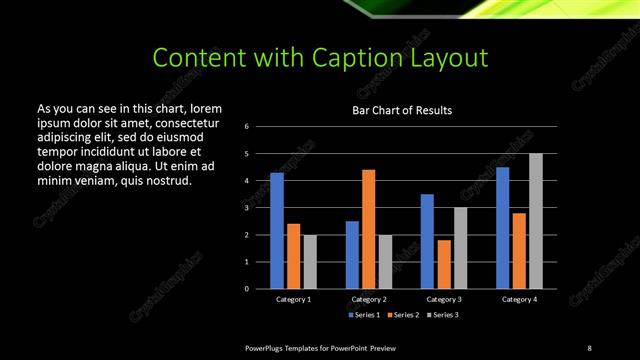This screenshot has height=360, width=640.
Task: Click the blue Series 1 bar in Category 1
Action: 277,230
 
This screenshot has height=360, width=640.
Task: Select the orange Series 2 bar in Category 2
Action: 368,229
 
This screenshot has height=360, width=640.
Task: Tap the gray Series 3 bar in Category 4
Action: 536,221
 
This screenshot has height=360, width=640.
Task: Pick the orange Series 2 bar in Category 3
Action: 443,264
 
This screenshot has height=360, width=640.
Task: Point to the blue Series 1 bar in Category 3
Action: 427,241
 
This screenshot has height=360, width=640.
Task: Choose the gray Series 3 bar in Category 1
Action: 309,262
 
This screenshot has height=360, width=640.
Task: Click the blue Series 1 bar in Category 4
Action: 502,227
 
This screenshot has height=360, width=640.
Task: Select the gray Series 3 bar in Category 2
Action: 385,262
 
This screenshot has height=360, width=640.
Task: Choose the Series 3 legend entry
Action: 444,315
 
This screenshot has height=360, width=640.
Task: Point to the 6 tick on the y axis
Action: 260,127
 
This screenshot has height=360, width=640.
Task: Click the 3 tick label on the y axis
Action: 260,208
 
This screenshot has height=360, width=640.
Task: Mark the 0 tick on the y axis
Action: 260,289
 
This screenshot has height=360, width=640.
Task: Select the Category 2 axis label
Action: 368,299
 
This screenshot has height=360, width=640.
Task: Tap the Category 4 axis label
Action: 519,299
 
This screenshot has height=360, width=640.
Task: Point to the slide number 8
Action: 589,347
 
